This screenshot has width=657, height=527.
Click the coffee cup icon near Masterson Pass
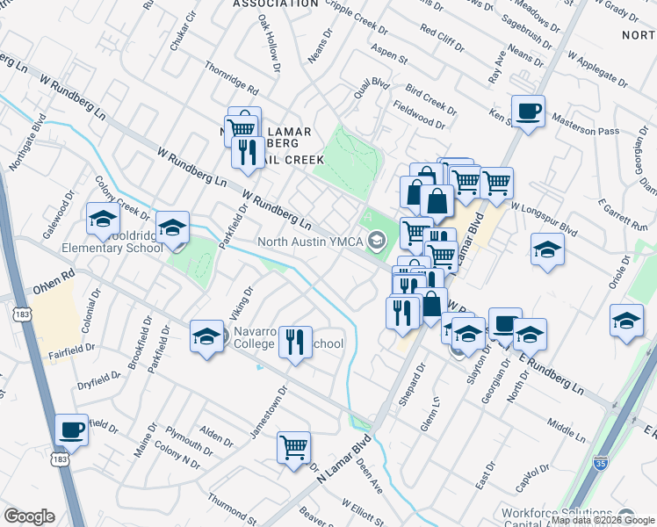[528, 112]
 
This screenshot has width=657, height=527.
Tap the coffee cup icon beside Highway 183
[72, 430]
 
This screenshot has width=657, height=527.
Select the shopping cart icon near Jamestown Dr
[293, 446]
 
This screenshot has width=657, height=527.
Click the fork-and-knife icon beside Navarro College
[296, 340]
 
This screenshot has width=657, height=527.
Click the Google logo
[30, 516]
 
